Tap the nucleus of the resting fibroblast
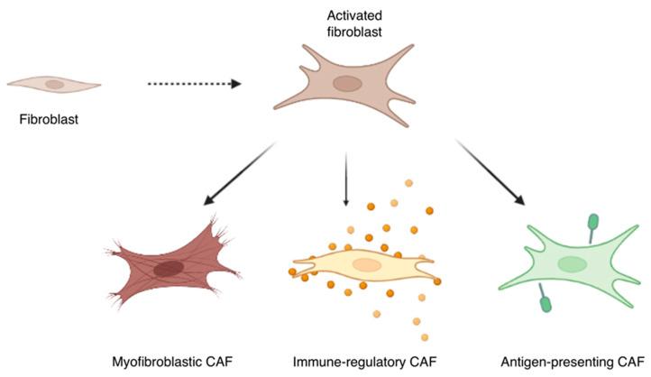(x=55, y=84)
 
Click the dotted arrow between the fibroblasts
(x=194, y=84)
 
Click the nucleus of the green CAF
(x=572, y=263)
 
